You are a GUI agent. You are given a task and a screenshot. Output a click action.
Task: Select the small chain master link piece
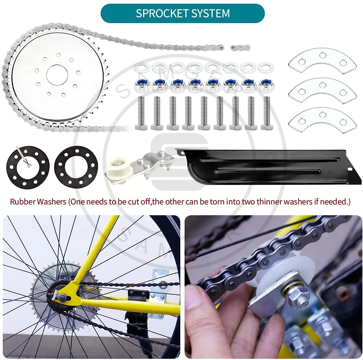(240, 48)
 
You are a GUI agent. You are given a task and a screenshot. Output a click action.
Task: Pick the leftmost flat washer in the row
(142, 67)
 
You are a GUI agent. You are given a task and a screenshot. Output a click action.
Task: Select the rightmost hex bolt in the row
(266, 113)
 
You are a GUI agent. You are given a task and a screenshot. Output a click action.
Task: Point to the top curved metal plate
(322, 60)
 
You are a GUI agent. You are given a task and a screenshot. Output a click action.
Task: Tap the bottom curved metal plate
(322, 119)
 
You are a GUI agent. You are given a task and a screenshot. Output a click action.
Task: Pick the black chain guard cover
(268, 167)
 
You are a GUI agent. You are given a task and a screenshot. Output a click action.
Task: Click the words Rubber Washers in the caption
(38, 202)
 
